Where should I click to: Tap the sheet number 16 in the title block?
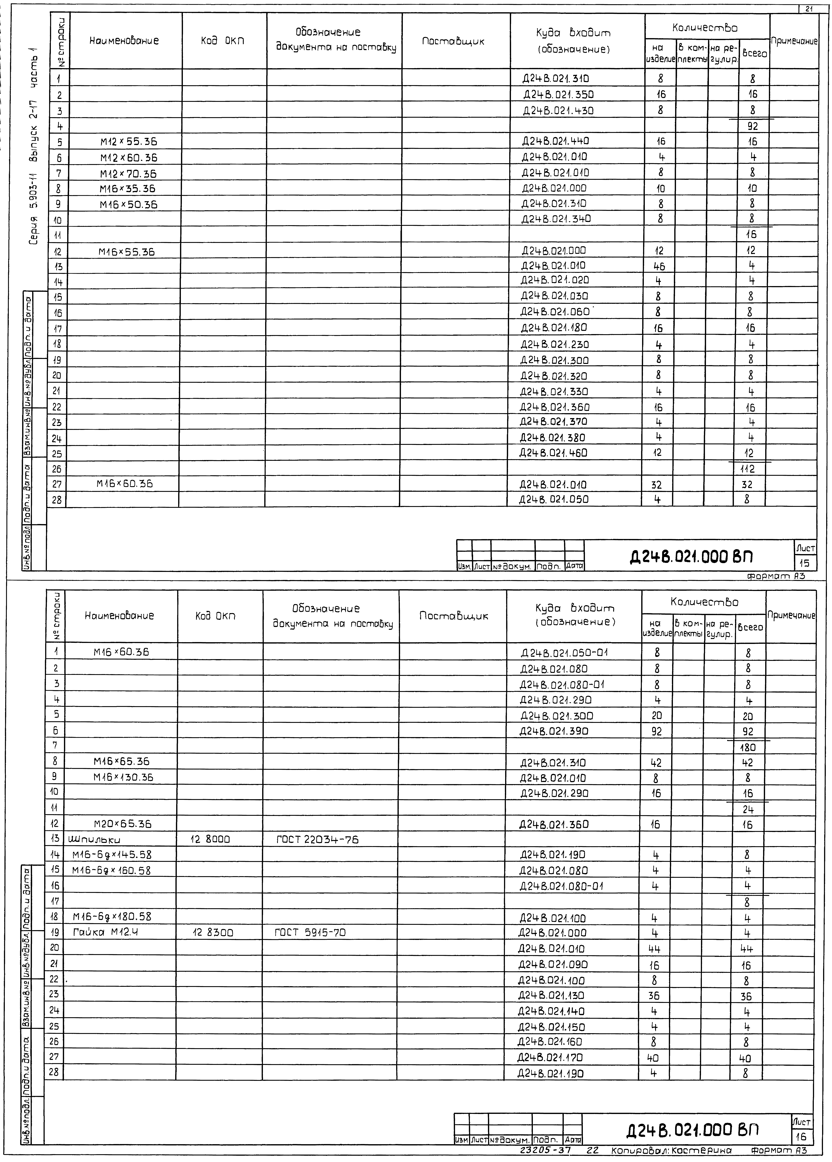802,1136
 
